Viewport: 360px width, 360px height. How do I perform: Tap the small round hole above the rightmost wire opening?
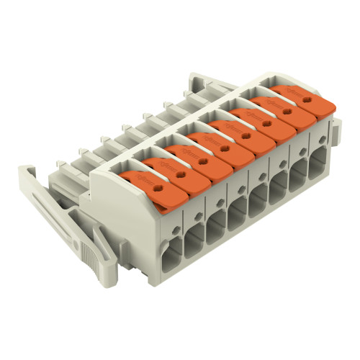[x=318, y=148]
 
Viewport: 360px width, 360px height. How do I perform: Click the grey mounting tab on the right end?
[x=335, y=133]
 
